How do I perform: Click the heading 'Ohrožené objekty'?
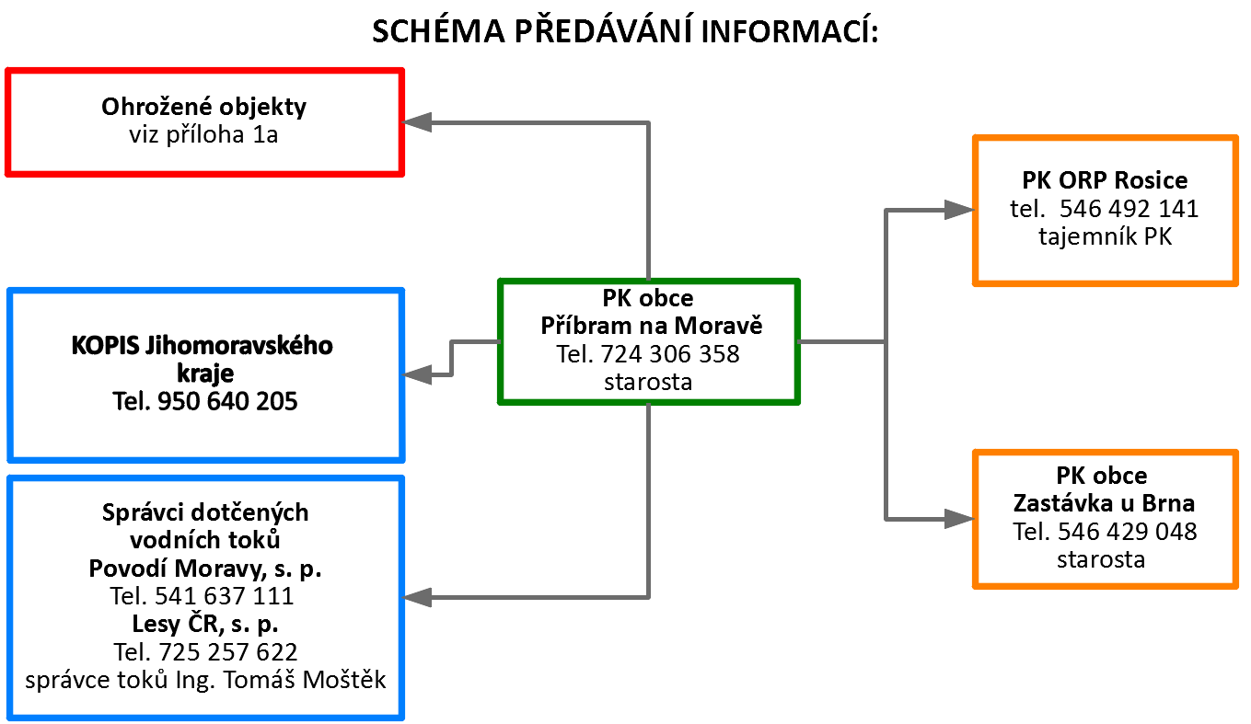click(x=203, y=107)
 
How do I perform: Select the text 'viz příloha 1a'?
click(x=203, y=135)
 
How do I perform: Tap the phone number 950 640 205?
click(x=227, y=401)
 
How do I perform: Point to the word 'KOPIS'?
click(x=106, y=346)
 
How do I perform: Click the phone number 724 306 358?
click(x=670, y=354)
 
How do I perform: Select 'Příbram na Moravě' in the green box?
click(x=651, y=326)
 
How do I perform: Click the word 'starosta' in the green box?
click(x=648, y=383)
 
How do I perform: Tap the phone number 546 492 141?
click(x=1129, y=209)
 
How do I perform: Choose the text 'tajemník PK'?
click(x=1105, y=236)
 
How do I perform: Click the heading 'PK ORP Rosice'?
click(x=1105, y=180)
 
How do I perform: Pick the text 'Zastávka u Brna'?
click(x=1104, y=503)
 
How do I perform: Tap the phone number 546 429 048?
click(x=1127, y=532)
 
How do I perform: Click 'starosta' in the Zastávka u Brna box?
click(x=1101, y=559)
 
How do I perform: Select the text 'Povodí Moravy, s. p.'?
click(x=205, y=569)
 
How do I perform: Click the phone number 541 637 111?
click(x=224, y=596)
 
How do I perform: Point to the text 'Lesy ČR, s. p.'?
click(x=205, y=624)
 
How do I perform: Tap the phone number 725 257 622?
click(x=228, y=652)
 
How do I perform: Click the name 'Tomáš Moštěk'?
click(x=305, y=680)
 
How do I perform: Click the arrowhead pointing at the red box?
click(x=417, y=122)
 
